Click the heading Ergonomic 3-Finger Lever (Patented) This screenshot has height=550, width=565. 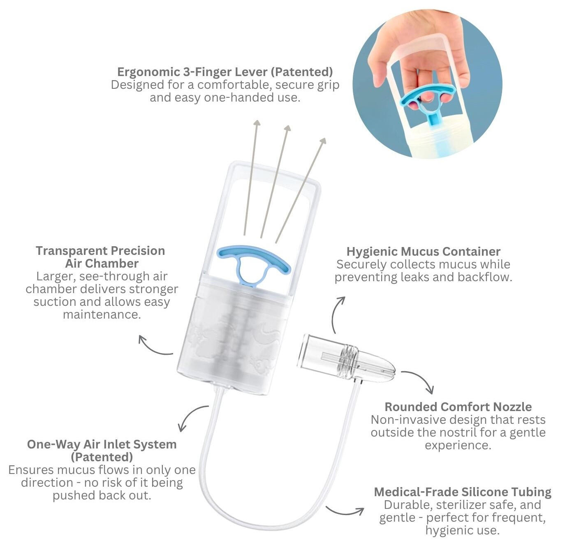coord(225,72)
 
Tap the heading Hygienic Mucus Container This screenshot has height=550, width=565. coord(423,251)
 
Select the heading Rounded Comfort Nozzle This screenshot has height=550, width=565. coord(458,407)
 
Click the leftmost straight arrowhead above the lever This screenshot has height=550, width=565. coord(257,123)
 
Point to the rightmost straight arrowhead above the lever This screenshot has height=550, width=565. coord(323,141)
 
